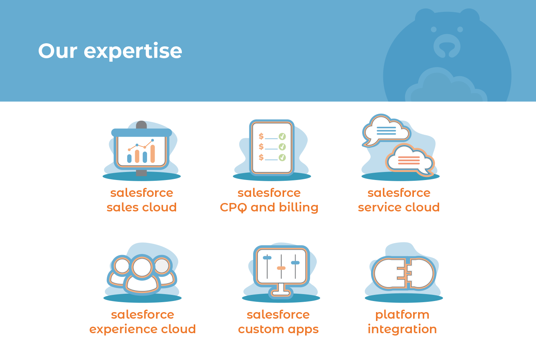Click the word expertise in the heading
(133, 51)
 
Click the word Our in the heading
(58, 51)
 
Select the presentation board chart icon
(142, 149)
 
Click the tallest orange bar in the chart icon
(152, 154)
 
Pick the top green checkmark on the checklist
(283, 136)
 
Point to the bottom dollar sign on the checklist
(261, 157)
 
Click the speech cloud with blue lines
(386, 130)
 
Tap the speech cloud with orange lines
(410, 160)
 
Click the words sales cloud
(142, 207)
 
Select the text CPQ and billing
(269, 208)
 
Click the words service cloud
(399, 207)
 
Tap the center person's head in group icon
(142, 267)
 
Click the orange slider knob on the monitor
(281, 268)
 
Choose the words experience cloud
(142, 329)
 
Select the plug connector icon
(404, 273)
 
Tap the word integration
(402, 329)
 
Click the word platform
(402, 315)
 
